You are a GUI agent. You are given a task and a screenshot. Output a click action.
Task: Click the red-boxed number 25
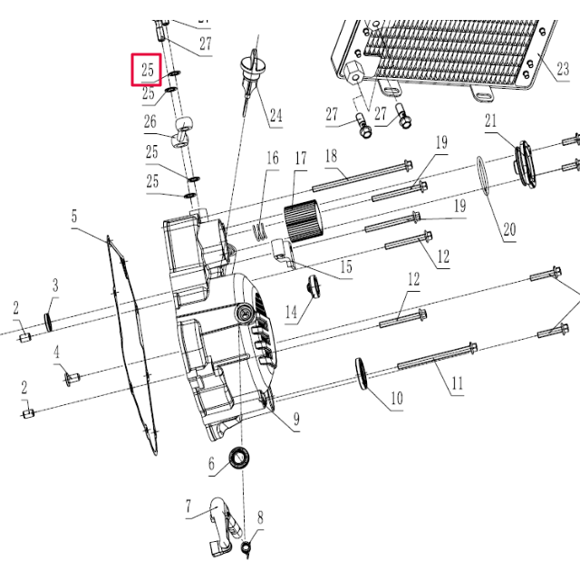coord(147,70)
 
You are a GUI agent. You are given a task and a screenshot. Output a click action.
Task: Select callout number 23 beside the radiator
coord(563,69)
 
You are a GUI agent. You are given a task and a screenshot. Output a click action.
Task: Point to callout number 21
coord(491,121)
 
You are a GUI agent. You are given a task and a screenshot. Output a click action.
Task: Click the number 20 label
coord(509,230)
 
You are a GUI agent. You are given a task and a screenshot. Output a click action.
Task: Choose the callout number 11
coord(457,383)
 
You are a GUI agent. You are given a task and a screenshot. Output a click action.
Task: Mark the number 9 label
coord(295,420)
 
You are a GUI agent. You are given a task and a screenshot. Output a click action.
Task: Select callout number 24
coord(275,115)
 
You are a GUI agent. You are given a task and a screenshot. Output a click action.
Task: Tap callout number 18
coord(331,155)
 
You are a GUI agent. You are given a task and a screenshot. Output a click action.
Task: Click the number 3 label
coord(54,286)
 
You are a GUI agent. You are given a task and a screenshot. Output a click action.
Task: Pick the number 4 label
coord(55,352)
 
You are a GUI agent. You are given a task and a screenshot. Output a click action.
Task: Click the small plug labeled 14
coord(314,285)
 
